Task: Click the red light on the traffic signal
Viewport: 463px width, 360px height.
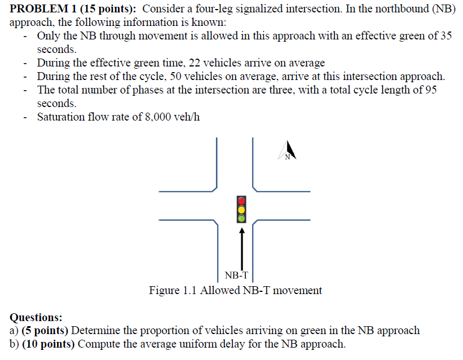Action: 241,201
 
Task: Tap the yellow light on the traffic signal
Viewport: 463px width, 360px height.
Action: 241,209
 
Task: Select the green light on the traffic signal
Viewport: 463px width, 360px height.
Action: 241,217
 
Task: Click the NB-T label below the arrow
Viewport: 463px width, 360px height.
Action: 236,275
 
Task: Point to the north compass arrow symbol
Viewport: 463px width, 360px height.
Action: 287,151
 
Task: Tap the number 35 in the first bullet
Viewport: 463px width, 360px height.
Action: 446,36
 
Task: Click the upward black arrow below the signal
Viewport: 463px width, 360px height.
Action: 242,248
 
